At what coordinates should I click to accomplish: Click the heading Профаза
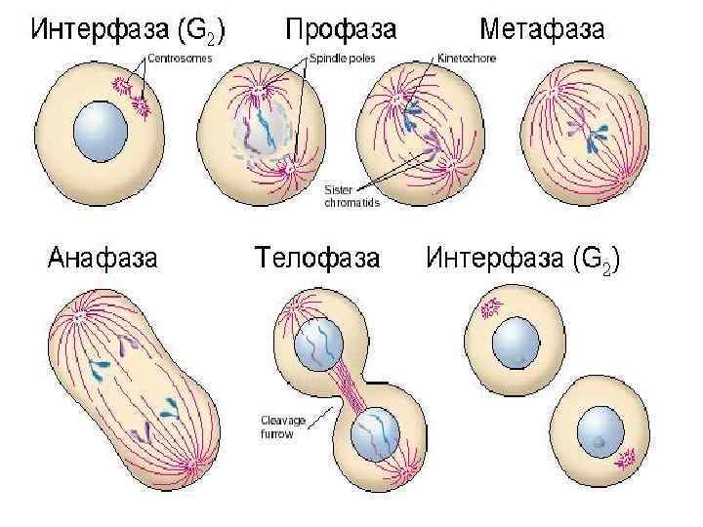coord(341,29)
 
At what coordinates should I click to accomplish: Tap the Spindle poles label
coord(338,59)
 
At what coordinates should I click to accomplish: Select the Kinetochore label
coord(467,59)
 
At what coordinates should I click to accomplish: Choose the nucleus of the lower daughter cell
coord(599,435)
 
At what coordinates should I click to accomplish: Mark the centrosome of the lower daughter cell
coord(624,455)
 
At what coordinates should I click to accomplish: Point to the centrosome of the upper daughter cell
coord(489,308)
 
